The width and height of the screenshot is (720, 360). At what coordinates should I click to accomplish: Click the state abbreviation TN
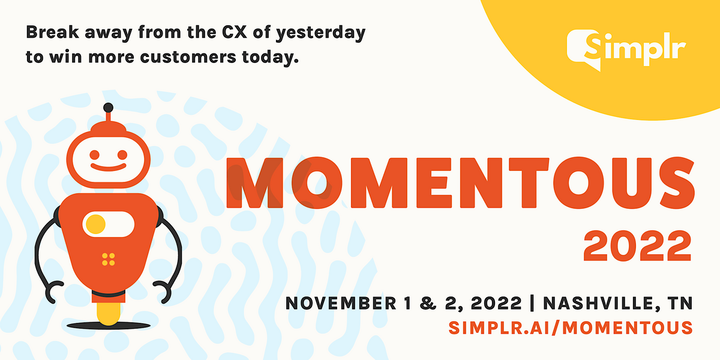[680, 302]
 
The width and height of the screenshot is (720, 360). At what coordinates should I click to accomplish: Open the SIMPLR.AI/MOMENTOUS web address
[571, 327]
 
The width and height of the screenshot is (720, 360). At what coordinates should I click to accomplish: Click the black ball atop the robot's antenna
[108, 107]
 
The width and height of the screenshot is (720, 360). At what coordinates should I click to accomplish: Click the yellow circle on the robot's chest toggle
[95, 224]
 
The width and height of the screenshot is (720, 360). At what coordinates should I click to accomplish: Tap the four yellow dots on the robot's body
[108, 259]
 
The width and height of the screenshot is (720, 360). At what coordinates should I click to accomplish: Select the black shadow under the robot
[108, 325]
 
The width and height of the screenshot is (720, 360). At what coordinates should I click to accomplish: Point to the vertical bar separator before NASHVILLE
[533, 302]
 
